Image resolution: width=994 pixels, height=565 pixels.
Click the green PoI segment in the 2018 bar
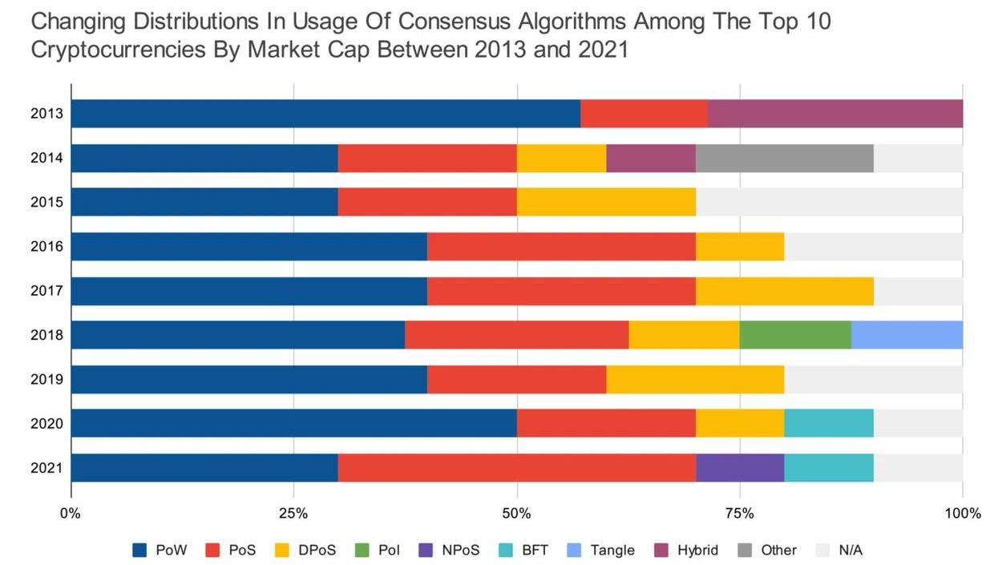[795, 335]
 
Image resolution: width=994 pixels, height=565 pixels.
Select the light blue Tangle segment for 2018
[907, 335]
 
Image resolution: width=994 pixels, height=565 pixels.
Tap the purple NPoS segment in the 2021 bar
[740, 468]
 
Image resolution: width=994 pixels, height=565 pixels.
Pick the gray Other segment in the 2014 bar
[785, 158]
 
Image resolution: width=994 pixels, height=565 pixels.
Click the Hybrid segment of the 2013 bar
[835, 114]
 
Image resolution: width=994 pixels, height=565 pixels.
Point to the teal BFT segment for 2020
[829, 423]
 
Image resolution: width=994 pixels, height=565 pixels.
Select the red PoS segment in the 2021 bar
[517, 468]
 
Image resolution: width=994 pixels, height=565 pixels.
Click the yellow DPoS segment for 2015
[606, 202]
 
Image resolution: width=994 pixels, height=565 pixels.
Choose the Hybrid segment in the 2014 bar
[651, 158]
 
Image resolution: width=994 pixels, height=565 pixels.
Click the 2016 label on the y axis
[47, 247]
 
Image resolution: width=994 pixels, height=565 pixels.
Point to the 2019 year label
[47, 379]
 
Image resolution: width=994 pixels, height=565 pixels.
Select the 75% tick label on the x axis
[740, 514]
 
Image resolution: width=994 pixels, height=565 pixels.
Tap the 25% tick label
[294, 514]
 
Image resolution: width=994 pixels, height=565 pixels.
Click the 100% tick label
[963, 514]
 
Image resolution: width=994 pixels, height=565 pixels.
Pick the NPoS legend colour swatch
[426, 550]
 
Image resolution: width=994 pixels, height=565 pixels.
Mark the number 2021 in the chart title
[594, 50]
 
